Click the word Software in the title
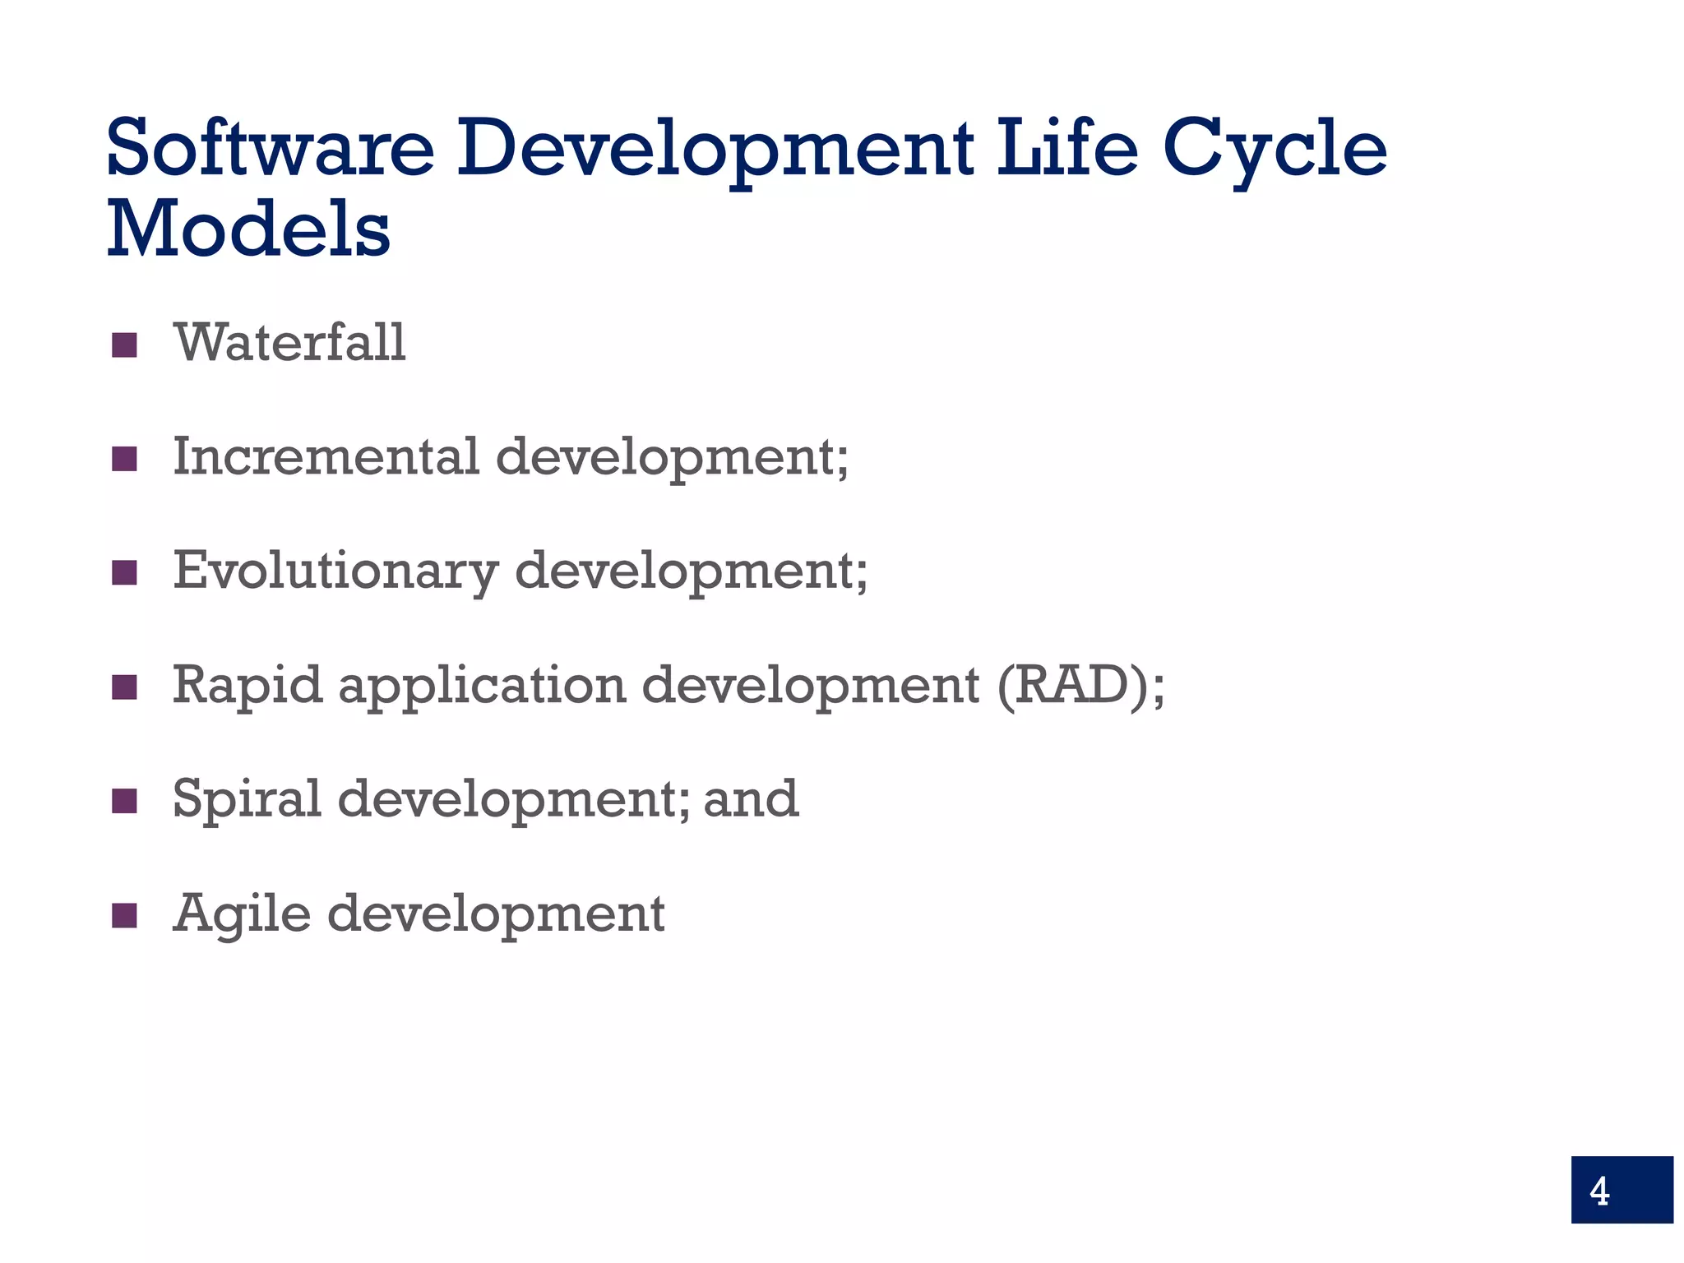pyautogui.click(x=271, y=148)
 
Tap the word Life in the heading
pyautogui.click(x=1067, y=148)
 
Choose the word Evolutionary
pyautogui.click(x=335, y=571)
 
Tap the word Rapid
pyautogui.click(x=247, y=686)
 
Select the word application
pyautogui.click(x=482, y=686)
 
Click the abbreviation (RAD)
pyautogui.click(x=1072, y=686)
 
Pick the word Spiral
pyautogui.click(x=247, y=799)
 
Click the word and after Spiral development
pyautogui.click(x=751, y=799)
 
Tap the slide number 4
pyautogui.click(x=1599, y=1191)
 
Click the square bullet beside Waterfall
pyautogui.click(x=124, y=345)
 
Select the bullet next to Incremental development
pyautogui.click(x=124, y=459)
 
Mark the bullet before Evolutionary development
pyautogui.click(x=124, y=573)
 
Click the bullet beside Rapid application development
pyautogui.click(x=124, y=687)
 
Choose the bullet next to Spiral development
pyautogui.click(x=124, y=801)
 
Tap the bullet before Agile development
pyautogui.click(x=124, y=915)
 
